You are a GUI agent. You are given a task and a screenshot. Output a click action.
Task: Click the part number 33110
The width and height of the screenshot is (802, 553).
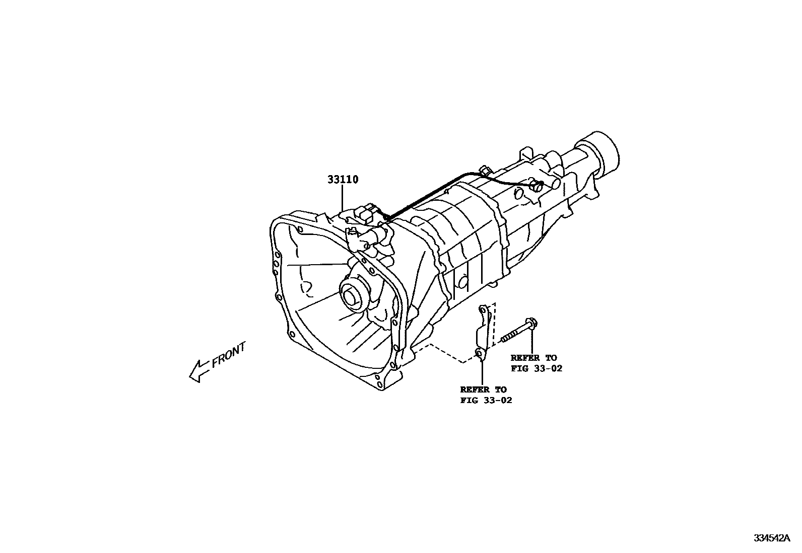coord(343,180)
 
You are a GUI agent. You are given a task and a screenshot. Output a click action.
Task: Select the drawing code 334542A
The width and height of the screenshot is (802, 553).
coord(771,538)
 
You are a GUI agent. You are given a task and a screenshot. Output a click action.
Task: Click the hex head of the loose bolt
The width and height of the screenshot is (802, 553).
coord(529,323)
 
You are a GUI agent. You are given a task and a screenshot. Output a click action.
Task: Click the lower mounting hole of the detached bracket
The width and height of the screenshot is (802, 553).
coord(480,355)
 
